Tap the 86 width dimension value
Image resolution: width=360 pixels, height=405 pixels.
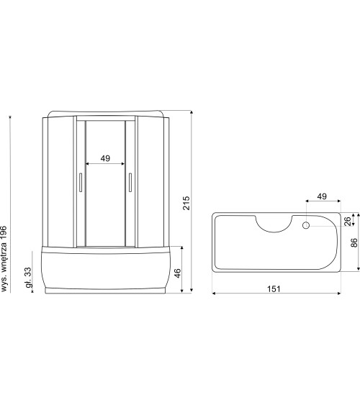(354, 243)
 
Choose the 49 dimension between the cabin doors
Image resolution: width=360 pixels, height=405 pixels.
(105, 159)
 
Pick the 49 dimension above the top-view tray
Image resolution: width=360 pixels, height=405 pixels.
(321, 196)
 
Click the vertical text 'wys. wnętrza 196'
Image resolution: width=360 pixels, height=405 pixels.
(6, 248)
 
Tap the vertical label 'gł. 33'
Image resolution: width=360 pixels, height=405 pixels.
(27, 276)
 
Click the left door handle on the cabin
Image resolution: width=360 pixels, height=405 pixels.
(81, 183)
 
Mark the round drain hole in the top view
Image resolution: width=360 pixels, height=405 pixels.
(306, 225)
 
